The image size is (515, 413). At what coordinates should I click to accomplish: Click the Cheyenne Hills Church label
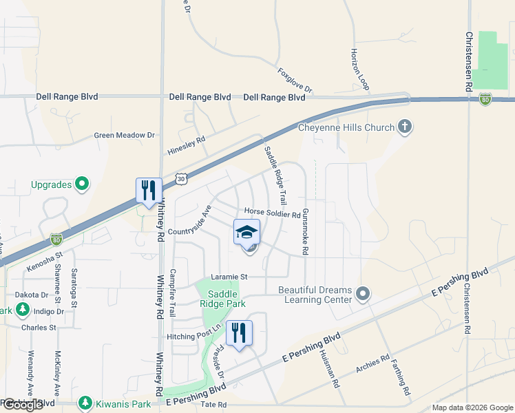tap(346, 127)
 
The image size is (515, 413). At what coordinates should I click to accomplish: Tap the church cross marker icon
tap(405, 127)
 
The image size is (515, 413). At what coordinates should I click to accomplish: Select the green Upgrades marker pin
tap(82, 184)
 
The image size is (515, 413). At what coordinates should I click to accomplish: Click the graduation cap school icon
tap(246, 232)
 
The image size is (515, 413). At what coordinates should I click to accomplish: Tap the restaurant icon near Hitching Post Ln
tap(239, 333)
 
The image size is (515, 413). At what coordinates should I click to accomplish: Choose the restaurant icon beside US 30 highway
tap(149, 191)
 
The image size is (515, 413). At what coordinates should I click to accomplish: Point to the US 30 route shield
tap(180, 178)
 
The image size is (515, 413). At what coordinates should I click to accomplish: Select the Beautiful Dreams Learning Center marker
tap(363, 295)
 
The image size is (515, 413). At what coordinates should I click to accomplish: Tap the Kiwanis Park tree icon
tap(85, 402)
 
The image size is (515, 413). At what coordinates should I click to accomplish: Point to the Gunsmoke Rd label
tap(304, 231)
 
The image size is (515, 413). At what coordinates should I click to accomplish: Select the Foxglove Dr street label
tap(295, 81)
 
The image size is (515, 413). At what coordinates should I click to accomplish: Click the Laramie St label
tap(229, 277)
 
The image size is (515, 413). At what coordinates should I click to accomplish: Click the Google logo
tap(23, 405)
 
